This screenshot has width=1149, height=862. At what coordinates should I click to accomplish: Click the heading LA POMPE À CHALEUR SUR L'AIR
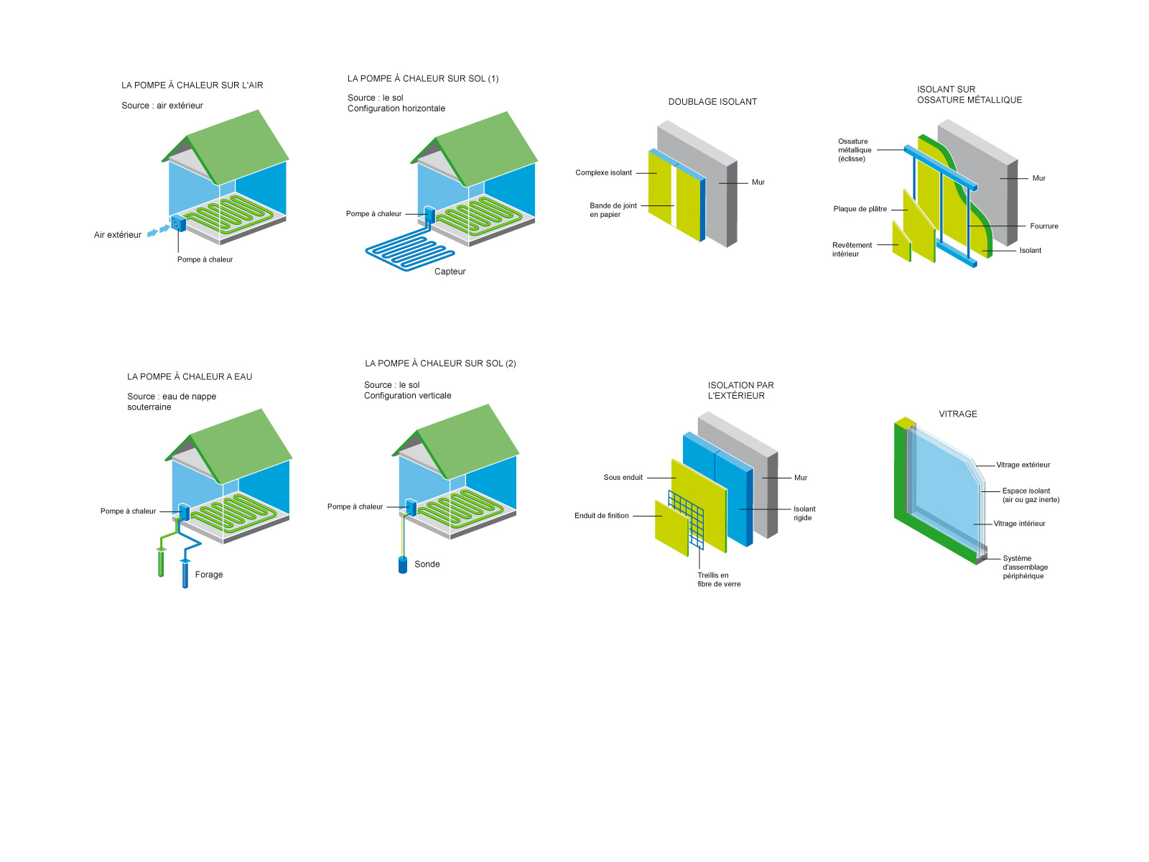[x=192, y=85]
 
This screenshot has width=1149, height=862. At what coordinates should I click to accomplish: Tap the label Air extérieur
[x=118, y=235]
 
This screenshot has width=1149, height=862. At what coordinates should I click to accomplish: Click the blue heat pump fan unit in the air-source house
[x=178, y=224]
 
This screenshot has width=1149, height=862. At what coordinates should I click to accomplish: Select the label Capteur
[x=450, y=272]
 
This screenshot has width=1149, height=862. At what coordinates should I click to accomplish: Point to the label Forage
[x=209, y=575]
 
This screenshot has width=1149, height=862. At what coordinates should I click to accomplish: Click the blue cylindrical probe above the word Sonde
[x=403, y=565]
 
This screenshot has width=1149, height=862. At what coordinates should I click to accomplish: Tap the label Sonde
[x=427, y=565]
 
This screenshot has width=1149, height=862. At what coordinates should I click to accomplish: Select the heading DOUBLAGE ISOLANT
[x=712, y=102]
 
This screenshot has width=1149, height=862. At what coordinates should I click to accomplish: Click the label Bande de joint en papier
[x=613, y=210]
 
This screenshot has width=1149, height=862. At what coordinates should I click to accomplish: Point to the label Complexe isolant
[x=603, y=173]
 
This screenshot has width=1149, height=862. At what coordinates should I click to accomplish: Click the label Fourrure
[x=1043, y=226]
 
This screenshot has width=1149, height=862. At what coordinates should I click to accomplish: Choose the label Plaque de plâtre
[x=860, y=209]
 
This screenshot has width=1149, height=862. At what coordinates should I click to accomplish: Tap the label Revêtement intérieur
[x=852, y=249]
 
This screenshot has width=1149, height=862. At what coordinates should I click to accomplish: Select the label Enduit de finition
[x=601, y=516]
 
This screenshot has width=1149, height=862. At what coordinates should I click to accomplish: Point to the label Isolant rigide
[x=804, y=513]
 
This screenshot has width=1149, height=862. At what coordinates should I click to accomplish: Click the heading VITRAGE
[x=958, y=414]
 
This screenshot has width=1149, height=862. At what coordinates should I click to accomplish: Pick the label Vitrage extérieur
[x=1023, y=465]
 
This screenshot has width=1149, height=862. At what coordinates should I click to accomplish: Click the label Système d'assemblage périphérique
[x=1025, y=567]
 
